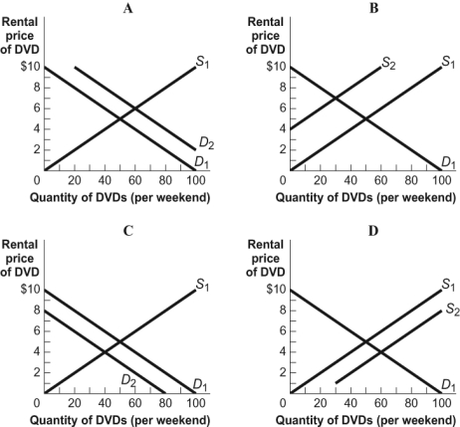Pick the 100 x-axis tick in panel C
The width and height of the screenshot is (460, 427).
[195, 402]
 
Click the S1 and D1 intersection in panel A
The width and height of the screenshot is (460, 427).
[119, 119]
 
